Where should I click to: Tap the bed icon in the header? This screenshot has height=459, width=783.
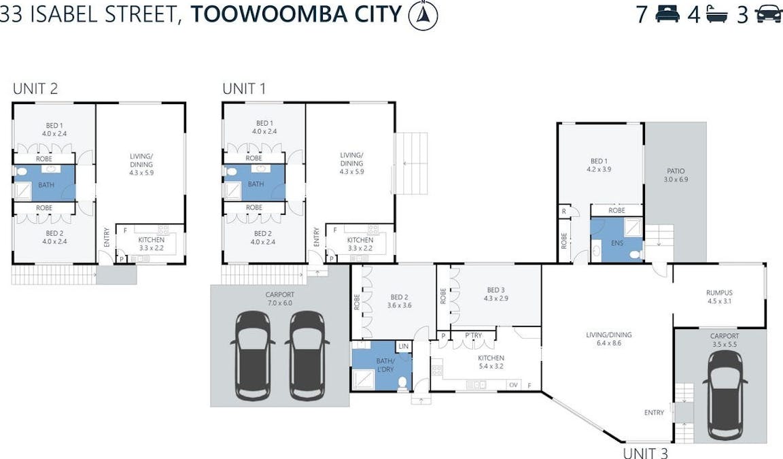(x=667, y=14)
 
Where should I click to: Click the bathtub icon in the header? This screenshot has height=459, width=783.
(x=718, y=14)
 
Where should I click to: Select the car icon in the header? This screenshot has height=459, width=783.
(x=768, y=14)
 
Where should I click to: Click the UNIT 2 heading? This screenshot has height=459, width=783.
(x=35, y=88)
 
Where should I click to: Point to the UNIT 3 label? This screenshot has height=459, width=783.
(x=645, y=452)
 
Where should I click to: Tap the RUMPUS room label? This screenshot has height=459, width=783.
(x=718, y=296)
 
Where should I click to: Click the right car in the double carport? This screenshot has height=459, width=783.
(x=307, y=355)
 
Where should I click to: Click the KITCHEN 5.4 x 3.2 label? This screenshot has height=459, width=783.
(x=491, y=362)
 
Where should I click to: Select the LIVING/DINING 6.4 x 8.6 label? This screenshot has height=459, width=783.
(x=609, y=339)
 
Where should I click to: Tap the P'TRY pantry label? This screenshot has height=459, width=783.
(x=474, y=335)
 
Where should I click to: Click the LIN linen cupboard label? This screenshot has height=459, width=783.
(x=404, y=347)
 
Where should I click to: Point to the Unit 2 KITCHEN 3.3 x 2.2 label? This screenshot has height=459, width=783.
(x=151, y=244)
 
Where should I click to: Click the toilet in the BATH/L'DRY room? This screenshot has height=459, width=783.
(x=402, y=383)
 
